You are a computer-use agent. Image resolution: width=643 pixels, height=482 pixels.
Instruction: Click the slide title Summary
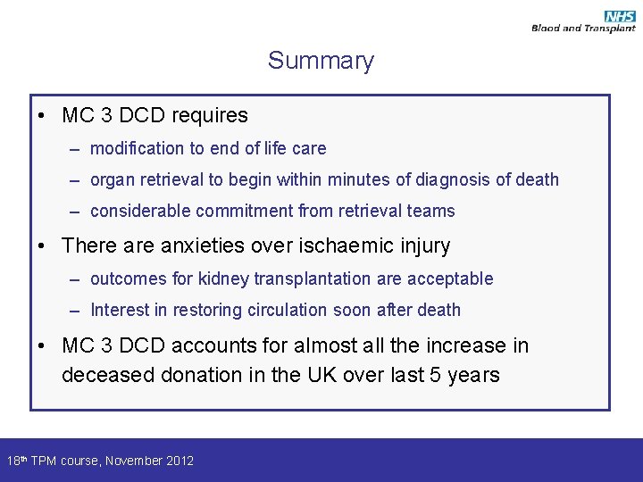pyautogui.click(x=321, y=61)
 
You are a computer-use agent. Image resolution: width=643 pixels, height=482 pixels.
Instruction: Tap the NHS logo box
pyautogui.click(x=619, y=17)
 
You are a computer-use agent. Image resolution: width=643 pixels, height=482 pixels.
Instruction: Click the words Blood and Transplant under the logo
pyautogui.click(x=583, y=29)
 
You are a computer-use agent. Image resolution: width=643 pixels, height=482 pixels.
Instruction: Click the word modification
pyautogui.click(x=138, y=148)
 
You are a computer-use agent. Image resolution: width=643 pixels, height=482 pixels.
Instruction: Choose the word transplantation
pyautogui.click(x=313, y=278)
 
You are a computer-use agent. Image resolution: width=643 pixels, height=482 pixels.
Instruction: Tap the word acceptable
pyautogui.click(x=450, y=278)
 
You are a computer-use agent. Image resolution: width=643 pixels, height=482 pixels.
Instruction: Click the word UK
pyautogui.click(x=324, y=375)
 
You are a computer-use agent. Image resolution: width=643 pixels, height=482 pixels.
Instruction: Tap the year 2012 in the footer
pyautogui.click(x=180, y=461)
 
